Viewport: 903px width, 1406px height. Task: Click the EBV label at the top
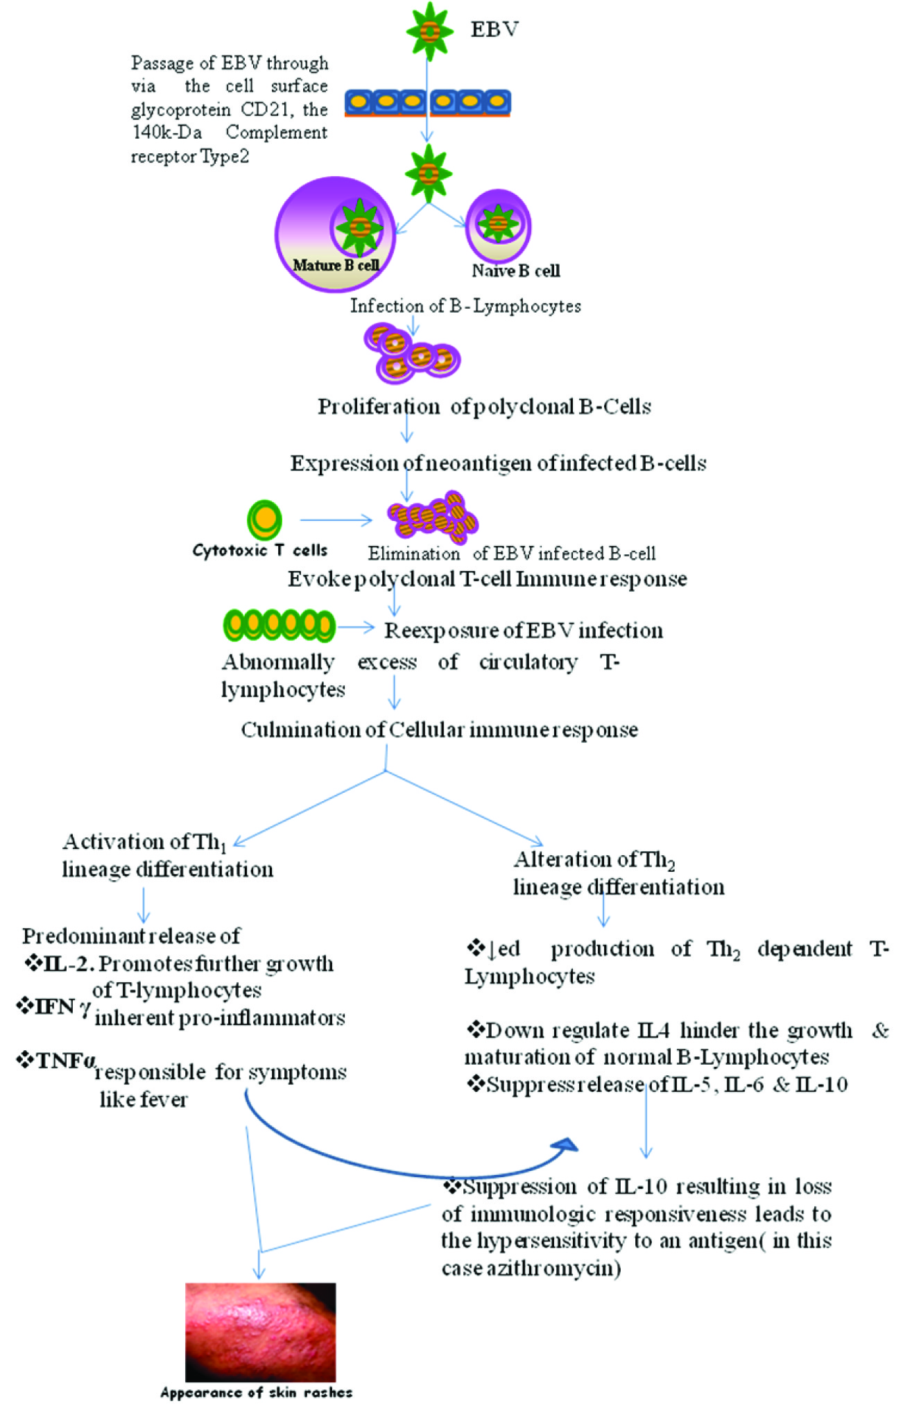pyautogui.click(x=494, y=29)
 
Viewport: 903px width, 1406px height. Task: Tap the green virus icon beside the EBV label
pyautogui.click(x=429, y=31)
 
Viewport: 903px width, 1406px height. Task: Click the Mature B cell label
pyautogui.click(x=336, y=265)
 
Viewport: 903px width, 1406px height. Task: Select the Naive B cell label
pyautogui.click(x=515, y=271)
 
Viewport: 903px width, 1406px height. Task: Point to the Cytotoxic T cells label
pyautogui.click(x=259, y=550)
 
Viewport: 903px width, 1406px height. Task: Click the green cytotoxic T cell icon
pyautogui.click(x=264, y=520)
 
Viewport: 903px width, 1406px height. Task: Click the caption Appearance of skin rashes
pyautogui.click(x=256, y=1392)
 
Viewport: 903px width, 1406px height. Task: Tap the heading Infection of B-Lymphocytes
pyautogui.click(x=465, y=306)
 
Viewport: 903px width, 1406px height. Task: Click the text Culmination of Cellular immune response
pyautogui.click(x=439, y=730)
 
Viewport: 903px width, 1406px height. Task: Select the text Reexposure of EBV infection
pyautogui.click(x=524, y=631)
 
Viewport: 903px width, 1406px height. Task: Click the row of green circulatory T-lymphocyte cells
pyautogui.click(x=279, y=626)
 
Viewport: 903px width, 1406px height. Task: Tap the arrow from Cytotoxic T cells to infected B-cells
pyautogui.click(x=336, y=520)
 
